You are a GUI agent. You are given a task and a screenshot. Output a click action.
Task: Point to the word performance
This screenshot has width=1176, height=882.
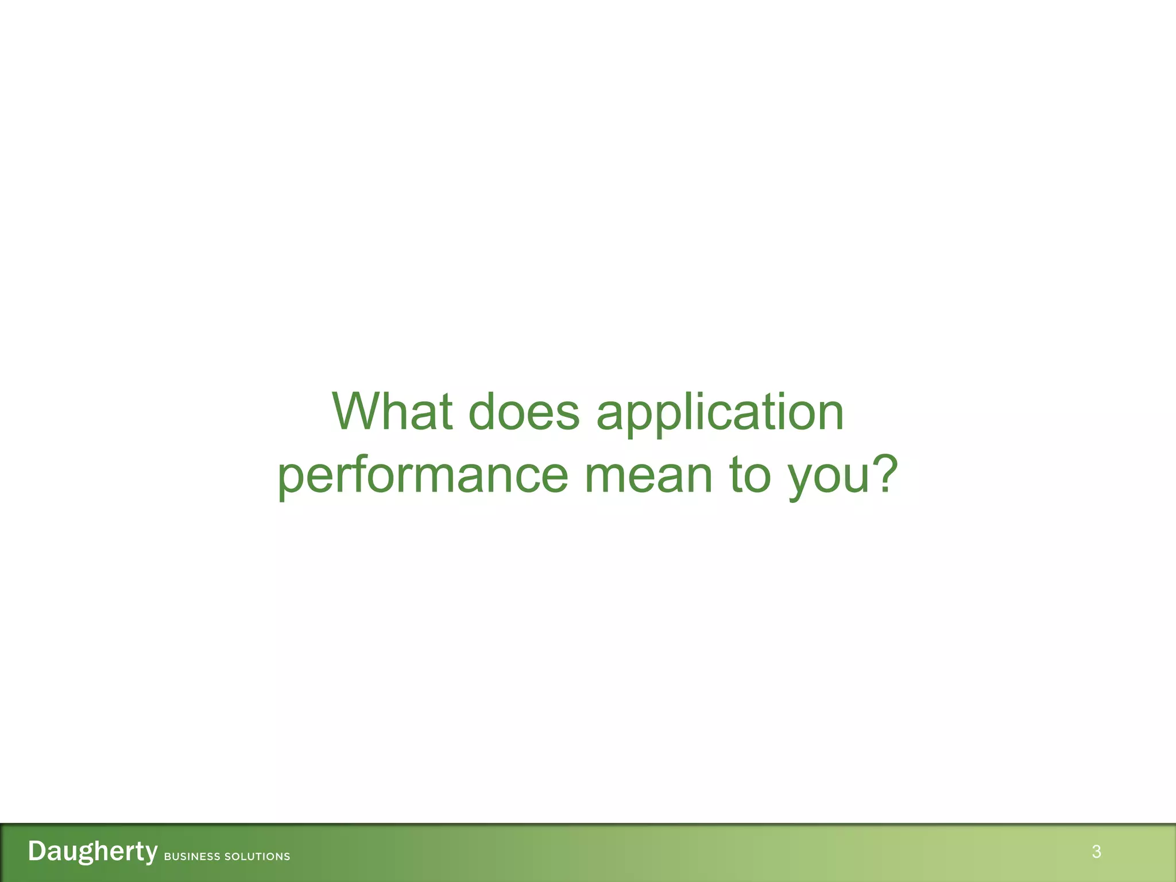423,477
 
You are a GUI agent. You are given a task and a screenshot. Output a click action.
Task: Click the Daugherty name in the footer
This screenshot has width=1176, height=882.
92,852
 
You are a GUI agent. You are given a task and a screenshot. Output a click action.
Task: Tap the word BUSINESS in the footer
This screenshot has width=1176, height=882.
192,856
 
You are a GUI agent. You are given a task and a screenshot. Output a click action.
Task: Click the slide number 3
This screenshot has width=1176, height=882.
1096,852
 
